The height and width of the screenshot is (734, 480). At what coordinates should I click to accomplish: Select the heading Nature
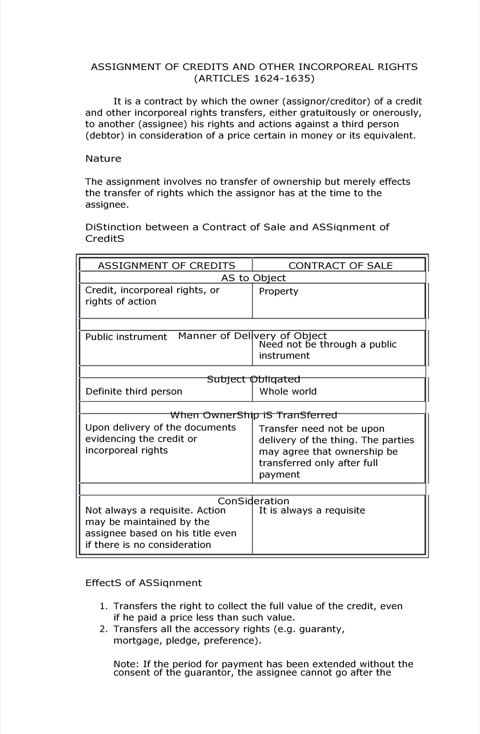(103, 159)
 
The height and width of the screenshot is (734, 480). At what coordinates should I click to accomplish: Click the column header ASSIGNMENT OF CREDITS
(166, 266)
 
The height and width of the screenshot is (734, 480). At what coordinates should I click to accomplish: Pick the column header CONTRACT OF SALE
(340, 266)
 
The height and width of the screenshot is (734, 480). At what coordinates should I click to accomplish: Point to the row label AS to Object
(253, 278)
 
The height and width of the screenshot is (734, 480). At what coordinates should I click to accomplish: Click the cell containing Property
(278, 291)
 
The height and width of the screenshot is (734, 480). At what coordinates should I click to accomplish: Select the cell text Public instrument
(126, 337)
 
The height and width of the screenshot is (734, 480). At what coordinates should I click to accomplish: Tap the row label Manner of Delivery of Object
(252, 336)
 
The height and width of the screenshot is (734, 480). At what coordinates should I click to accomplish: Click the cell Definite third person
(134, 391)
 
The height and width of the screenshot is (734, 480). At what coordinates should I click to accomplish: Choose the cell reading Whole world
(288, 391)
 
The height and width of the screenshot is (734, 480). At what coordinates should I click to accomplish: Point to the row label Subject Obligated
(253, 379)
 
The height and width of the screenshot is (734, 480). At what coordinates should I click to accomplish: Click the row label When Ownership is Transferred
(253, 415)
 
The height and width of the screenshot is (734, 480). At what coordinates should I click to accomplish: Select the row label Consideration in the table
(253, 501)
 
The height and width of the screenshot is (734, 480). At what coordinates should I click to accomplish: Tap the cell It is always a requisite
(312, 510)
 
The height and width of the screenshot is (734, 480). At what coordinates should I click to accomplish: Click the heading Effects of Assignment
(144, 583)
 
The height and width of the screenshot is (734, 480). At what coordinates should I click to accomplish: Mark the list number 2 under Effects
(103, 629)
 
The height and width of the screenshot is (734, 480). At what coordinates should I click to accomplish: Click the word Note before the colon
(125, 664)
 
